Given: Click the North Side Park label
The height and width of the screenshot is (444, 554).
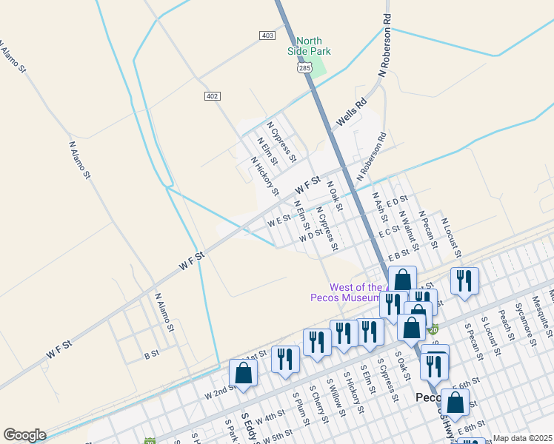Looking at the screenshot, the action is coord(309,46).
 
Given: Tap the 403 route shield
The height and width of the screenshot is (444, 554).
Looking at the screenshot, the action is coord(267,36).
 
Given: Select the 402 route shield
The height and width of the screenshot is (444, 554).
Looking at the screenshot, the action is coord(213,96).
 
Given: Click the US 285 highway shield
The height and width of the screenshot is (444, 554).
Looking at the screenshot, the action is coord(303,67).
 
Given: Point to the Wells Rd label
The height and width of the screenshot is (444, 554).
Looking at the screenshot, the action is coord(351,113).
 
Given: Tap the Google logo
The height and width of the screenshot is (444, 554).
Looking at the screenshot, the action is coord(24,435).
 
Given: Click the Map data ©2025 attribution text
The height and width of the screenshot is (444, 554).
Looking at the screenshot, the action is coord(522,438).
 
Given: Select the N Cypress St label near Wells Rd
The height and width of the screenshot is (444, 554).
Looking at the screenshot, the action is coord(281,141).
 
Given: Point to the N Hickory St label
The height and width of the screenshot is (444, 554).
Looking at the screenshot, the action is coord(264,175).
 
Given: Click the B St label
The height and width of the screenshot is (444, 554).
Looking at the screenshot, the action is coord(151,355).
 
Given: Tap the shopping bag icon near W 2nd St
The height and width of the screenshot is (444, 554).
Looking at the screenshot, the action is coord(243,374).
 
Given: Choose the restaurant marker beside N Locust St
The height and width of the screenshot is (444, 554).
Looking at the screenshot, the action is coord(464,281).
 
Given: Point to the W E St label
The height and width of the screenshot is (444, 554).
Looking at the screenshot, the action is coord(278,221).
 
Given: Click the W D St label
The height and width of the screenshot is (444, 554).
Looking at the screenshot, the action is coord(311,236).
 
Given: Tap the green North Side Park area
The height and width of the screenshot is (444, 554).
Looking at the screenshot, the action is coord(318,67).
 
